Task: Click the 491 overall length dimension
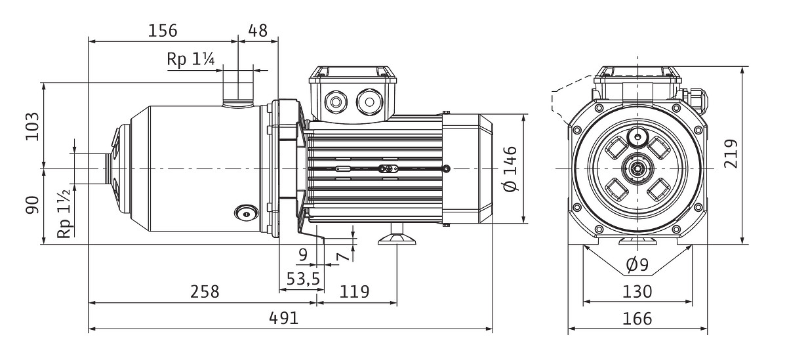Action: (x=285, y=318)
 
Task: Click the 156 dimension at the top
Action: (x=162, y=30)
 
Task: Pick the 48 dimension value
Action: (x=258, y=30)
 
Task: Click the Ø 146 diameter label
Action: (x=511, y=169)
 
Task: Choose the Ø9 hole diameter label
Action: (x=637, y=265)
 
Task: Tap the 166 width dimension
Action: (x=637, y=319)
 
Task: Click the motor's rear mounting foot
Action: (x=397, y=236)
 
